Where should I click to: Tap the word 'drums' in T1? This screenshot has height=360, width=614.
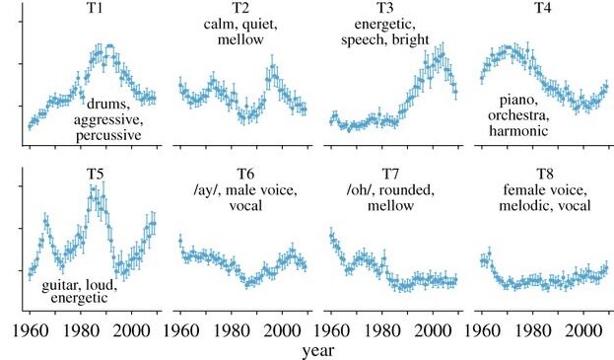(x=109, y=105)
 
